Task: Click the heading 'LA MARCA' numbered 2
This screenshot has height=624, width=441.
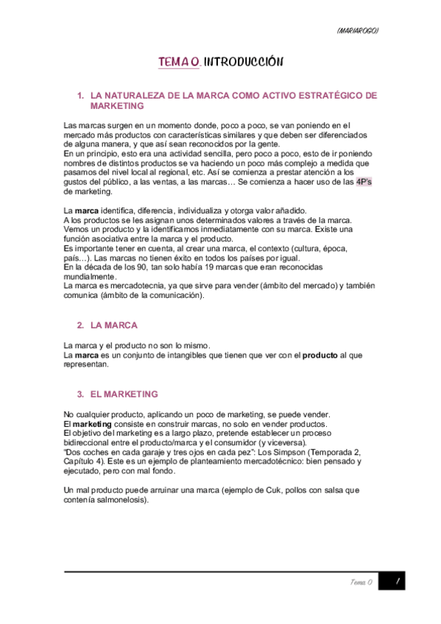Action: coord(113,325)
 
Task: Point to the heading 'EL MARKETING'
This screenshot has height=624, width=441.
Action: coord(124,394)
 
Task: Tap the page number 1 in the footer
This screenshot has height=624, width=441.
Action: coord(396,581)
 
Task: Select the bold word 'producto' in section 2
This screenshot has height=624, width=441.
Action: coord(320,355)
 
